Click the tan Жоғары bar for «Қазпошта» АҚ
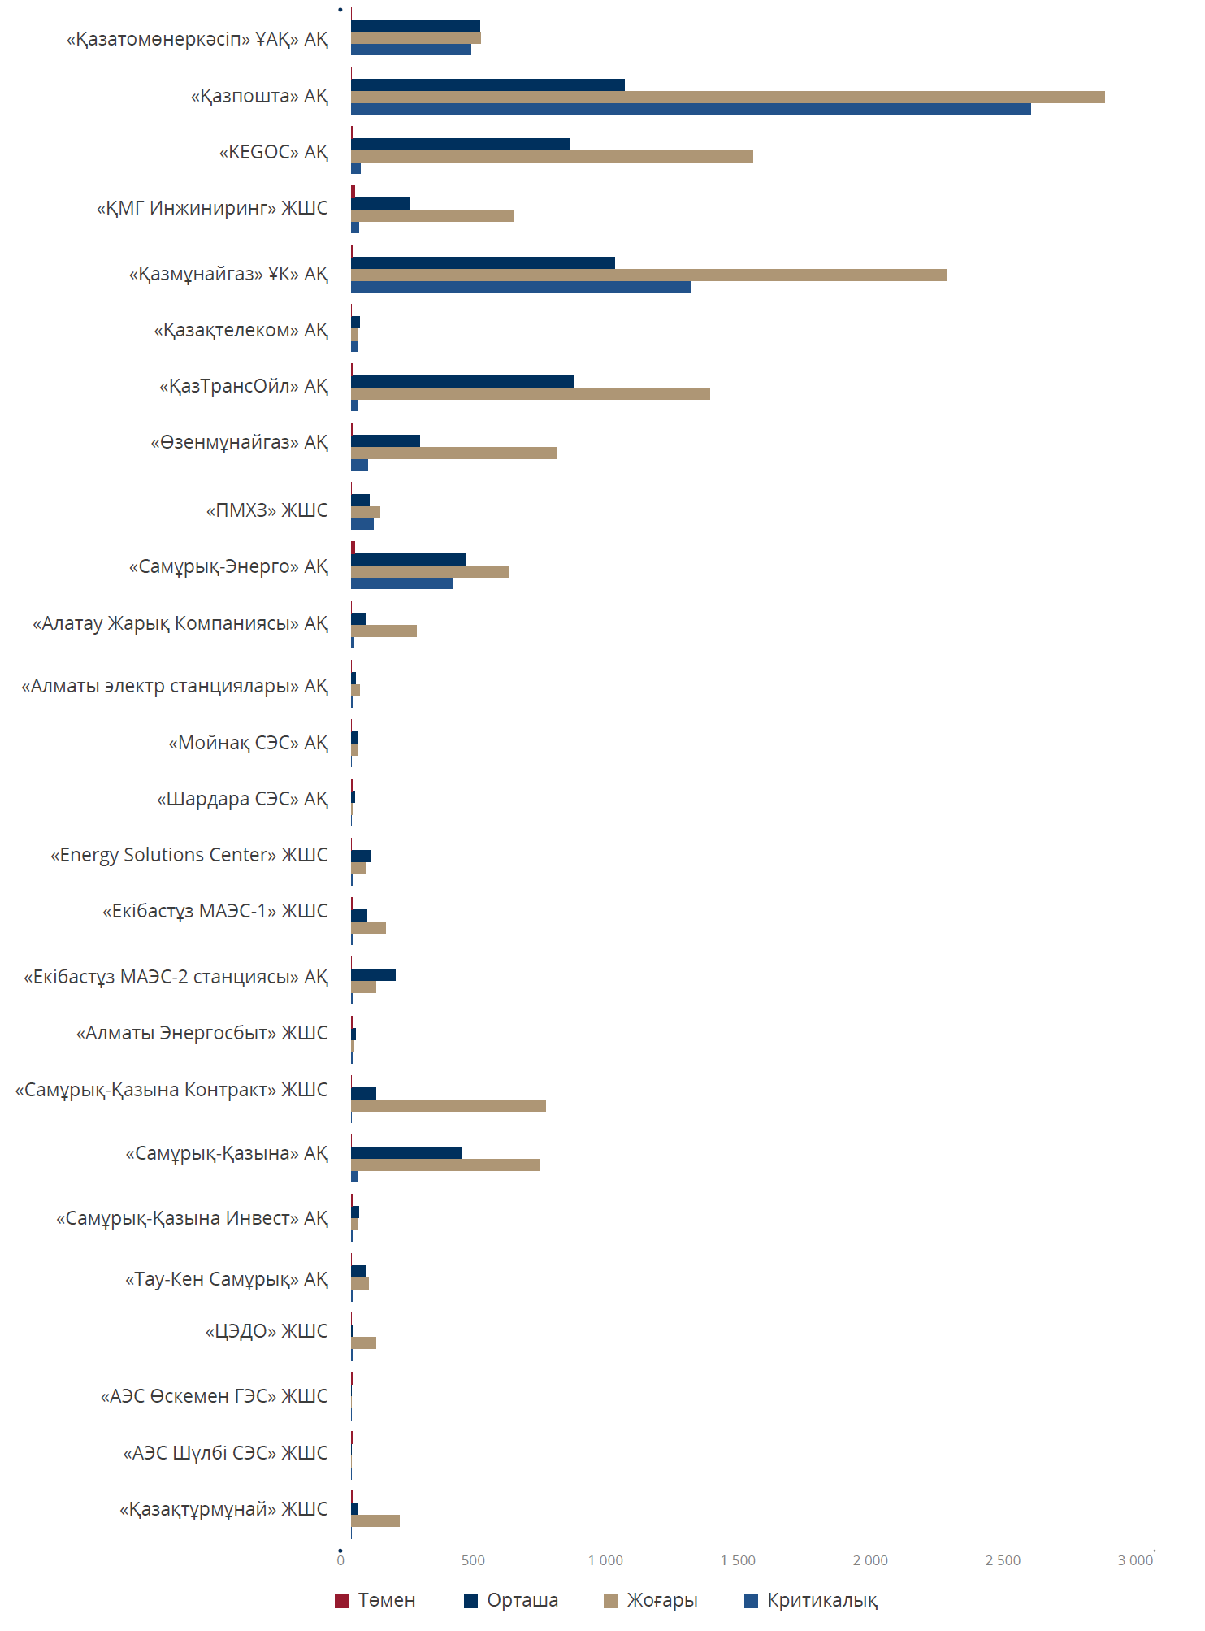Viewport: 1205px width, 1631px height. tap(727, 98)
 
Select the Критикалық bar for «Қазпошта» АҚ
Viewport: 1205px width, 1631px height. tap(691, 109)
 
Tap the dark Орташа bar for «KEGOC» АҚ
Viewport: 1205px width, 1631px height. tap(461, 145)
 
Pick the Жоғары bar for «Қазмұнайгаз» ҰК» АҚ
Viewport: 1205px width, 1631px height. tap(648, 275)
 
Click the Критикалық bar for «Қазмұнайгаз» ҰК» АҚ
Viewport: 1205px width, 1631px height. tap(521, 287)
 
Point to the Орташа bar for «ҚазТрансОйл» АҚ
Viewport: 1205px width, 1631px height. tap(462, 382)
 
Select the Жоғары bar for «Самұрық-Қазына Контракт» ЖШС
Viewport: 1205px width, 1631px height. tap(449, 1105)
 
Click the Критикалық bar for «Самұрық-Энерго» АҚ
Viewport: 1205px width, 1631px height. tap(402, 583)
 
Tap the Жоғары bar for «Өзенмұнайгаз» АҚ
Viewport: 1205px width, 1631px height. tap(454, 453)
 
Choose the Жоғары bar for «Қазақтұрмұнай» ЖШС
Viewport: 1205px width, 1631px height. tap(375, 1520)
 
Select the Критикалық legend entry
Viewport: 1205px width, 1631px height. tap(821, 1600)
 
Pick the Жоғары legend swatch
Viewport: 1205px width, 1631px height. tap(611, 1601)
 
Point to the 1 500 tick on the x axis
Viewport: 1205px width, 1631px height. tap(738, 1560)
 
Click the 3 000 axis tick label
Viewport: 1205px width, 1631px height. tap(1135, 1560)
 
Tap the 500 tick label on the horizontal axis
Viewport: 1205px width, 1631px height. tap(473, 1560)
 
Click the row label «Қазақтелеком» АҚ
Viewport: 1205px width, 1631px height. tap(241, 330)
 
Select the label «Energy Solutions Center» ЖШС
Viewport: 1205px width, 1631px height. tap(189, 855)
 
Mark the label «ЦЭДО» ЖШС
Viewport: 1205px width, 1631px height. tap(267, 1331)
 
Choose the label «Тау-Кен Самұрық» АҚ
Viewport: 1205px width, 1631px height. tap(227, 1279)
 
